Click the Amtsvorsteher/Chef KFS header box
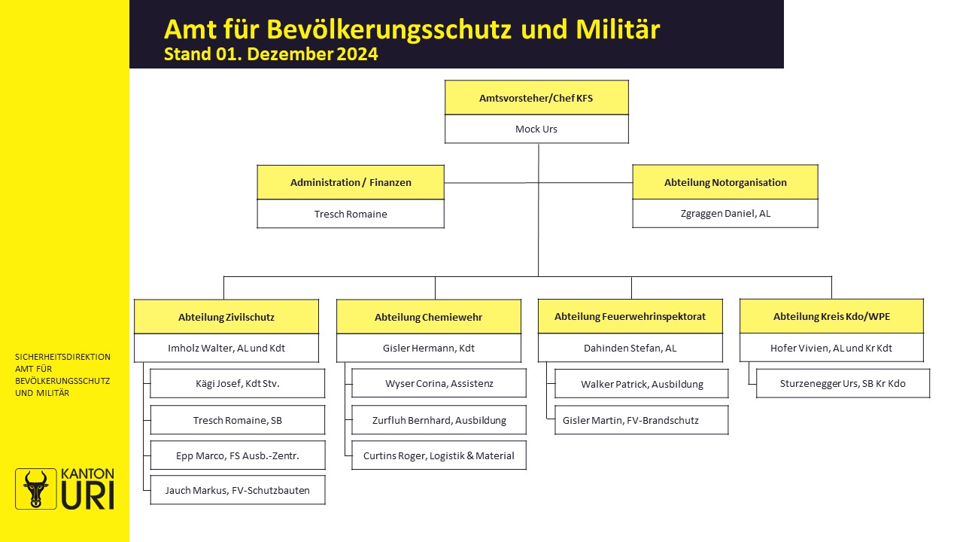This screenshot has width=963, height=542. [536, 98]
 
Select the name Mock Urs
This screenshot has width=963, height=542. [536, 129]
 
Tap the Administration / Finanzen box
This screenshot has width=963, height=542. [351, 182]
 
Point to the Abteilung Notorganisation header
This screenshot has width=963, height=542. [725, 182]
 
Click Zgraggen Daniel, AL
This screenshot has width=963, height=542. [725, 213]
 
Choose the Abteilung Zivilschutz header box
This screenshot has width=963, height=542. [226, 317]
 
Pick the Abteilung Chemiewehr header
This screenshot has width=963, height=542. [429, 317]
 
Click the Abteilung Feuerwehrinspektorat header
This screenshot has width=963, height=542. [630, 317]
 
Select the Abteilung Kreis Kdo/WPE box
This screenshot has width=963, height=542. [831, 317]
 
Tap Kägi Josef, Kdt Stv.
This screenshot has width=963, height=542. [237, 383]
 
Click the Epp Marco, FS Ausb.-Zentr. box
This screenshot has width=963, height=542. [237, 455]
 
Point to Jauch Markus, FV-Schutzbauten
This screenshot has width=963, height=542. [237, 490]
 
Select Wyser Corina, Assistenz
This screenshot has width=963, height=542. [439, 383]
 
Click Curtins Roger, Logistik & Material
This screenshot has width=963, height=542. [439, 455]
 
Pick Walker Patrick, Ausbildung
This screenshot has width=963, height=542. [642, 384]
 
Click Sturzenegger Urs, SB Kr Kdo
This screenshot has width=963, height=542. [843, 383]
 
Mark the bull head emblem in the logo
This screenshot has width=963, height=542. [35, 489]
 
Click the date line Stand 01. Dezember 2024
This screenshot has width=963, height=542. [271, 54]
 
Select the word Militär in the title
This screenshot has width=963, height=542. [618, 29]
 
